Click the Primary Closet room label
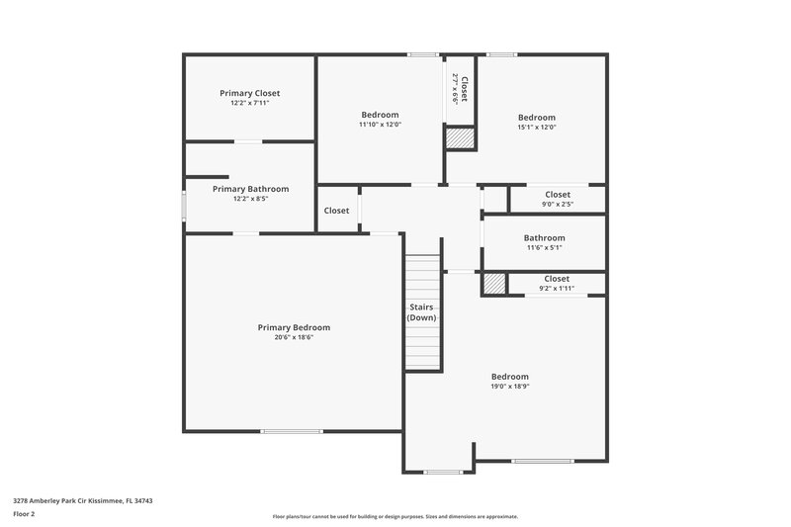(x=250, y=93)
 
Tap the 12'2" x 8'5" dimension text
(x=250, y=199)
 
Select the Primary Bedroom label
(x=294, y=327)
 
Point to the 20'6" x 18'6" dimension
(x=294, y=337)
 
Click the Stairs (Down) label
(x=422, y=312)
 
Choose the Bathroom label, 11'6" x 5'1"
(x=544, y=237)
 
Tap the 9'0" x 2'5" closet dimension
(x=557, y=205)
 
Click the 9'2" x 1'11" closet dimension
(x=557, y=289)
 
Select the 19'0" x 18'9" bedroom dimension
(x=510, y=387)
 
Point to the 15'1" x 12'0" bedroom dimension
(x=537, y=127)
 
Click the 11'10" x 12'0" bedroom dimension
(x=380, y=125)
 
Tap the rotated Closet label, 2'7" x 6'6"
(x=460, y=89)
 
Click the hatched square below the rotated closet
(x=460, y=138)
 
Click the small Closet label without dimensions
(x=336, y=211)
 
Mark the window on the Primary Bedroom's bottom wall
(x=292, y=431)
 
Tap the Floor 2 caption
(x=24, y=514)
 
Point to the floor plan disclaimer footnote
(x=395, y=516)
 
